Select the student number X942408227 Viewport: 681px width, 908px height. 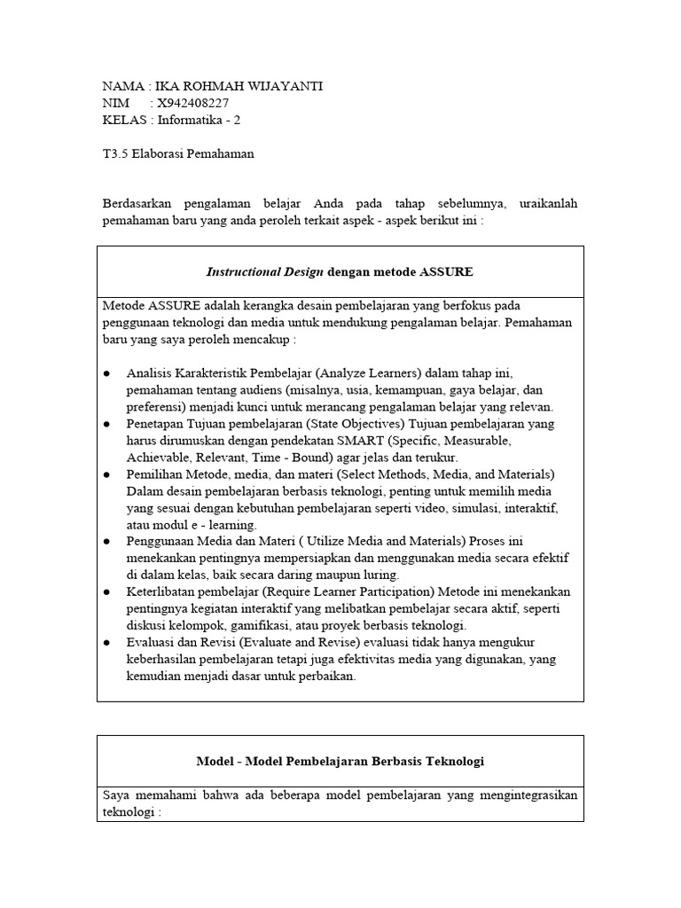(x=192, y=103)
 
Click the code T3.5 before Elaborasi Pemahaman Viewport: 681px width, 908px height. (x=115, y=153)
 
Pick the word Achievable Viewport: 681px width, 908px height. (x=155, y=458)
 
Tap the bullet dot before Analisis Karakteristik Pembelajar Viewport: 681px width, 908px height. (x=107, y=373)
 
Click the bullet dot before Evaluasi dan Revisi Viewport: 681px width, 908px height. (x=107, y=642)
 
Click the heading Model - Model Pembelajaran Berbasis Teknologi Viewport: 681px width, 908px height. (x=340, y=761)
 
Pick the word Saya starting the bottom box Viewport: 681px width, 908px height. (x=116, y=794)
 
